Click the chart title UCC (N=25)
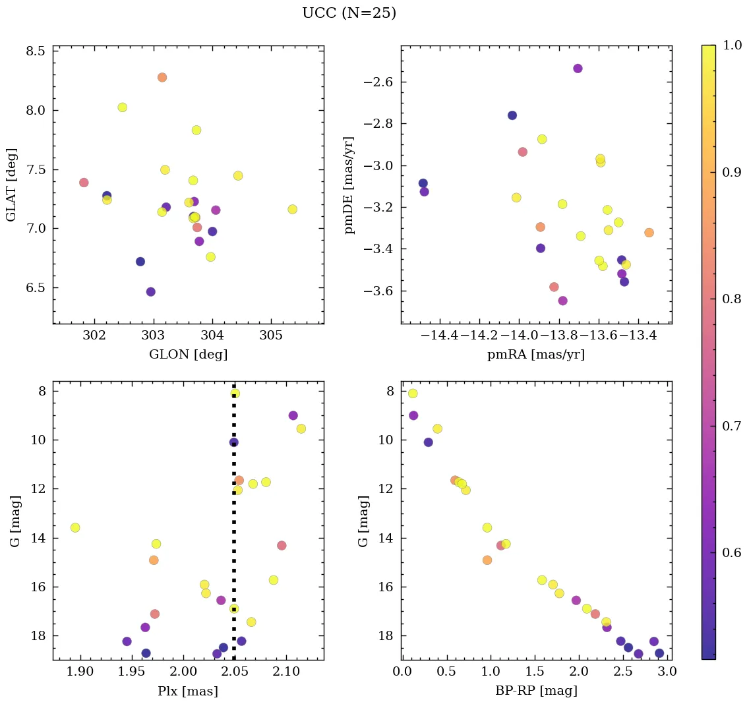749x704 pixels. (349, 13)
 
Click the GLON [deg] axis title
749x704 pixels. (188, 355)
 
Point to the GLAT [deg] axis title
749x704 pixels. (11, 185)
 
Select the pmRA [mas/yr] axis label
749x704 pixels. (535, 355)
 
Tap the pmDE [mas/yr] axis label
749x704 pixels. (349, 185)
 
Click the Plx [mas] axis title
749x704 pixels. (188, 691)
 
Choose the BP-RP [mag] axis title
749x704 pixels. (535, 691)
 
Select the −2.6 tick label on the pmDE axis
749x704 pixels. (374, 82)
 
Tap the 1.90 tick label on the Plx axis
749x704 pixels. (80, 672)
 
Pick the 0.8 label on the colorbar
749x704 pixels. (732, 299)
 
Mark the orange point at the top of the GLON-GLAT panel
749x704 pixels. (162, 77)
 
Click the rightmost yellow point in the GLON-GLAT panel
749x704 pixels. (292, 209)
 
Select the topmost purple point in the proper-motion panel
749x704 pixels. (578, 69)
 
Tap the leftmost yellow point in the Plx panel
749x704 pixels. (75, 527)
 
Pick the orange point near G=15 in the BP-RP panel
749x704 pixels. (487, 560)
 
